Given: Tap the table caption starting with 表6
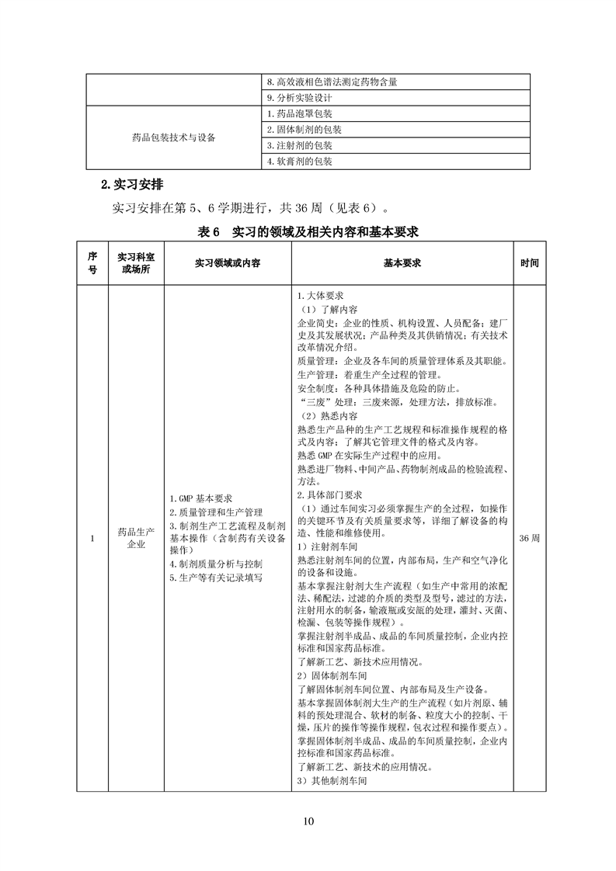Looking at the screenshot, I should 308,231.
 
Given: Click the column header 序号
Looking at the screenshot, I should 92,263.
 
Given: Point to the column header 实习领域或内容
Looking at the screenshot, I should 227,263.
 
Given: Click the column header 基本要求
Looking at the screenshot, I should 402,263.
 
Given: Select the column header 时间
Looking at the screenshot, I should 529,263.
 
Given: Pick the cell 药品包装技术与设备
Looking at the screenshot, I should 174,138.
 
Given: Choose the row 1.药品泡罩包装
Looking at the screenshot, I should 299,114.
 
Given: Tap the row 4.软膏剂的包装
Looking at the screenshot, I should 299,162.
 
